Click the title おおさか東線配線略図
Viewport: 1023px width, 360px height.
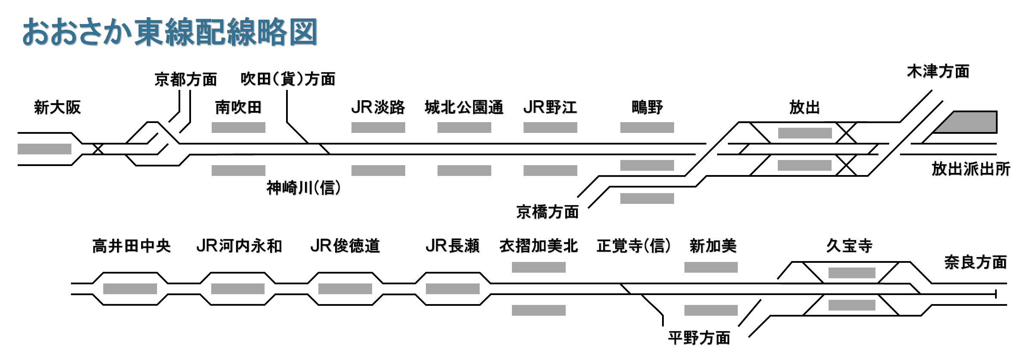[x=169, y=32]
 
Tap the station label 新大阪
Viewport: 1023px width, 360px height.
[x=57, y=108]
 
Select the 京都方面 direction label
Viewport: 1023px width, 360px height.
[x=185, y=80]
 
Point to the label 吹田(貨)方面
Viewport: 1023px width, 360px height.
[x=288, y=79]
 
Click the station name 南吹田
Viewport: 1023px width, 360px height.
[x=238, y=108]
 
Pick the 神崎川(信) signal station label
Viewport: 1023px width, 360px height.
[x=303, y=188]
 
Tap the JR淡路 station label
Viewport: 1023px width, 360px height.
[x=378, y=108]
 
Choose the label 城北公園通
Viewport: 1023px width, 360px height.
[x=464, y=108]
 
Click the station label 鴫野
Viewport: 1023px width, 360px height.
[x=647, y=108]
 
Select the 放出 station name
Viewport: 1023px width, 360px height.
[x=804, y=108]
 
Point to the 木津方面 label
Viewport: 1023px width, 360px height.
[x=938, y=72]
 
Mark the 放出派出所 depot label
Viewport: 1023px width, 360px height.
[x=971, y=169]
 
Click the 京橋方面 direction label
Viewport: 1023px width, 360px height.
[x=547, y=212]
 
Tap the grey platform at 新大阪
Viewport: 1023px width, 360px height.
[x=44, y=149]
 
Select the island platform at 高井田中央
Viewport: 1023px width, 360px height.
[x=130, y=289]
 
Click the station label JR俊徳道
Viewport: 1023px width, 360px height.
[x=345, y=246]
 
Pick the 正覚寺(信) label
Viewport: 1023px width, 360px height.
[x=633, y=246]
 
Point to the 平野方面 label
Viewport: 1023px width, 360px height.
[x=699, y=338]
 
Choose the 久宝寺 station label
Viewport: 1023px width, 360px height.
[x=849, y=246]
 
